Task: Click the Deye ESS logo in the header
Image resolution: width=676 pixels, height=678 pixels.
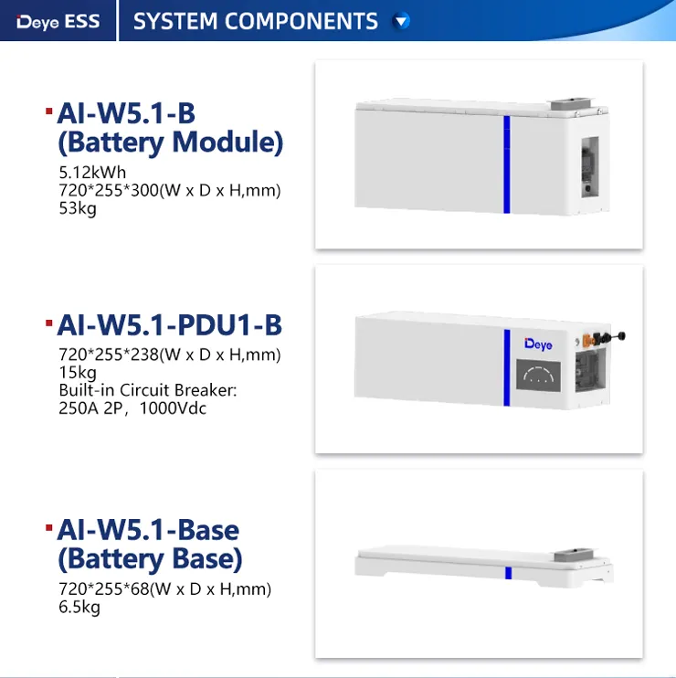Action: (58, 21)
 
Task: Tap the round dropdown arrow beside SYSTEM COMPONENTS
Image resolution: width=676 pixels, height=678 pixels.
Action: (401, 21)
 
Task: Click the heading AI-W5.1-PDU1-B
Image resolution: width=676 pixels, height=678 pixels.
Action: (169, 325)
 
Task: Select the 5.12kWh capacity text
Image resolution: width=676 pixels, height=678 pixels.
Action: (92, 172)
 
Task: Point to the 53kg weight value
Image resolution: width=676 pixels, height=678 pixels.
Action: (78, 208)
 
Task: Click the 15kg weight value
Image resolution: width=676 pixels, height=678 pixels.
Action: (78, 373)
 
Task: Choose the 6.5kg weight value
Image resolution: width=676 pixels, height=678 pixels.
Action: (79, 607)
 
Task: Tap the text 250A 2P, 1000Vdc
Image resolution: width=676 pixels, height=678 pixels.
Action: (132, 408)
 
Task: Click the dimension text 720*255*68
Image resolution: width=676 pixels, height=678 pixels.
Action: (104, 589)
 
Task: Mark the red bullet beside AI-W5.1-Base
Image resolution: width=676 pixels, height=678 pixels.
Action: (48, 528)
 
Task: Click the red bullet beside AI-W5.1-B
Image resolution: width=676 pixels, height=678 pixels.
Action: (48, 111)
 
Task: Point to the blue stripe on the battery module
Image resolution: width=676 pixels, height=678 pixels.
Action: (507, 164)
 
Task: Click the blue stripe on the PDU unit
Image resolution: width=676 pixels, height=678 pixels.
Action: (507, 367)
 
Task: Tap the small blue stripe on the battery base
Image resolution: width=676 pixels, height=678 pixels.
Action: (508, 573)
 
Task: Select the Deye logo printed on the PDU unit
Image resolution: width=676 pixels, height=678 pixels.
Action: (538, 344)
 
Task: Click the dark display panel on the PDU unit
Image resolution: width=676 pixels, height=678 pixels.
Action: (538, 376)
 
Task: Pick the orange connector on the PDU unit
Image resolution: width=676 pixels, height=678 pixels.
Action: (587, 340)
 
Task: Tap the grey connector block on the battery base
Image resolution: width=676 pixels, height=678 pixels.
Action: (574, 554)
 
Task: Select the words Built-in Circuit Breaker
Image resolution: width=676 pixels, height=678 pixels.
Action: (148, 390)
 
